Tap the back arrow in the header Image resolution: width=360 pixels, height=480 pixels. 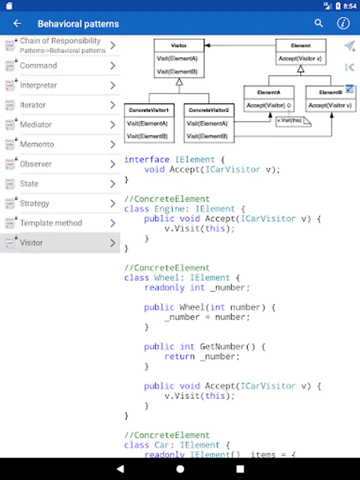point(17,23)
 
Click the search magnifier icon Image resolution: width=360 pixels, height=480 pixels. point(318,23)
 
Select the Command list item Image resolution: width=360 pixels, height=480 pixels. point(38,66)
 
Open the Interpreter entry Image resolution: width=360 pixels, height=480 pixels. point(38,85)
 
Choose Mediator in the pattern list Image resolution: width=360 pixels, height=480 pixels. point(36,125)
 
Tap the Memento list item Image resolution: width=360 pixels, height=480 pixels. point(37,145)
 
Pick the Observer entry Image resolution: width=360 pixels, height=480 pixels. point(36,164)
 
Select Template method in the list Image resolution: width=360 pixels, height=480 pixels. point(51,223)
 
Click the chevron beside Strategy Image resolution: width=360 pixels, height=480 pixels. point(113,203)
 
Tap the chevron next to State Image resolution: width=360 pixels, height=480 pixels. point(113,183)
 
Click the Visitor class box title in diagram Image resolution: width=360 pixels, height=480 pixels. point(179,45)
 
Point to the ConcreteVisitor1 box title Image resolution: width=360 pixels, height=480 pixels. point(149,110)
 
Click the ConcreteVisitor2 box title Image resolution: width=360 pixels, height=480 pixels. point(209,110)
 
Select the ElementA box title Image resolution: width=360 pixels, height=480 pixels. point(268,92)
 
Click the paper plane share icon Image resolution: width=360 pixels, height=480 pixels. point(349,46)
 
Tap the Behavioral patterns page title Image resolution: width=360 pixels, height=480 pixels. point(78,23)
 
